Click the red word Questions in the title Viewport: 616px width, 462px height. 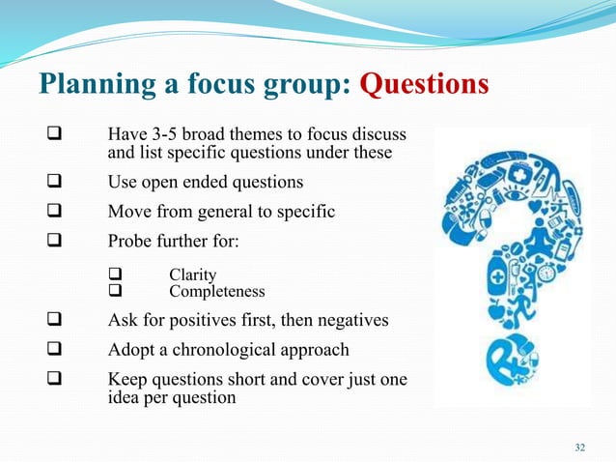(x=424, y=84)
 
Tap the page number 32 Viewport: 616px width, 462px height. (x=579, y=447)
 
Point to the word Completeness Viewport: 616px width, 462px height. (x=217, y=291)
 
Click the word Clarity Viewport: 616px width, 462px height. (x=193, y=275)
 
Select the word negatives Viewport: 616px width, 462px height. (x=353, y=321)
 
